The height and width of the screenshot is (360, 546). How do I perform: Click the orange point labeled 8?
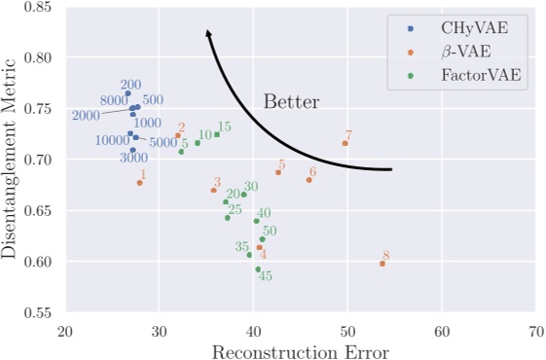(382, 264)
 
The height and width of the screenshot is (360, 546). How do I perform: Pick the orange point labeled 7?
(346, 143)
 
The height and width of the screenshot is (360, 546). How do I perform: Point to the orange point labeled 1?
(140, 183)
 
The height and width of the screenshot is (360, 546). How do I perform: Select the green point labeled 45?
(258, 269)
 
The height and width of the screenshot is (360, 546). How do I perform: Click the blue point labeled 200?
(127, 93)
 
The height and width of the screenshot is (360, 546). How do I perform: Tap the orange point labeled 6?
(309, 180)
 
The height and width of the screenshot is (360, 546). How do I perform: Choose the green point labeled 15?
(217, 134)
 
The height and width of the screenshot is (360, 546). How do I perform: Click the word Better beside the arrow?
(292, 101)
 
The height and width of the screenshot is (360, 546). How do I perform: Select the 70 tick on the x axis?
(535, 331)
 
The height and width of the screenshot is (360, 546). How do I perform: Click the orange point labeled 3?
(214, 190)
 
